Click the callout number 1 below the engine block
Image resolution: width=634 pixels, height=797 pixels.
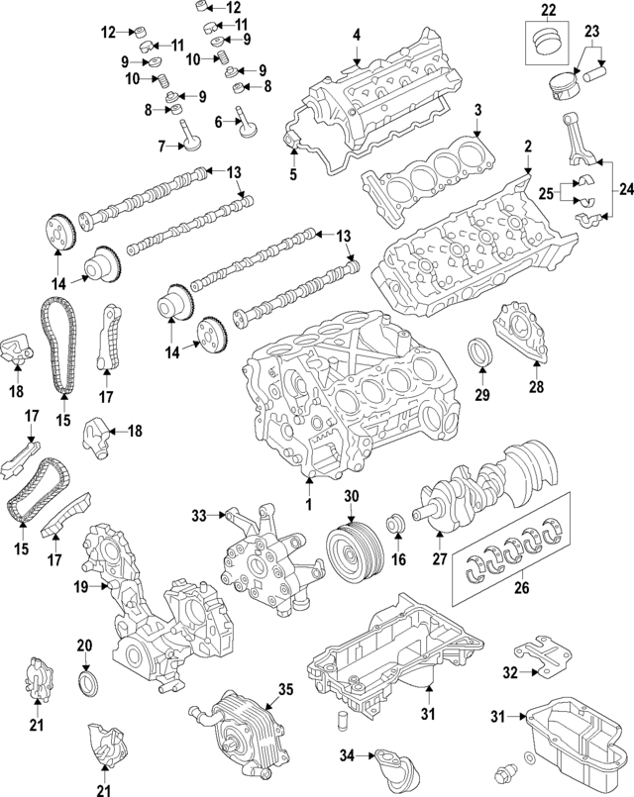308,505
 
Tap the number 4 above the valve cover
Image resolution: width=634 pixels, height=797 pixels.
357,36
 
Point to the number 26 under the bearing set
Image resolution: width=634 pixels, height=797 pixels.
521,588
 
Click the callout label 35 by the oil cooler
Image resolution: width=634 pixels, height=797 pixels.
285,689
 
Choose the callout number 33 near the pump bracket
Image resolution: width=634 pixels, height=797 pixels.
197,515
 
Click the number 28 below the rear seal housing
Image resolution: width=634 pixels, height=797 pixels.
536,386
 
